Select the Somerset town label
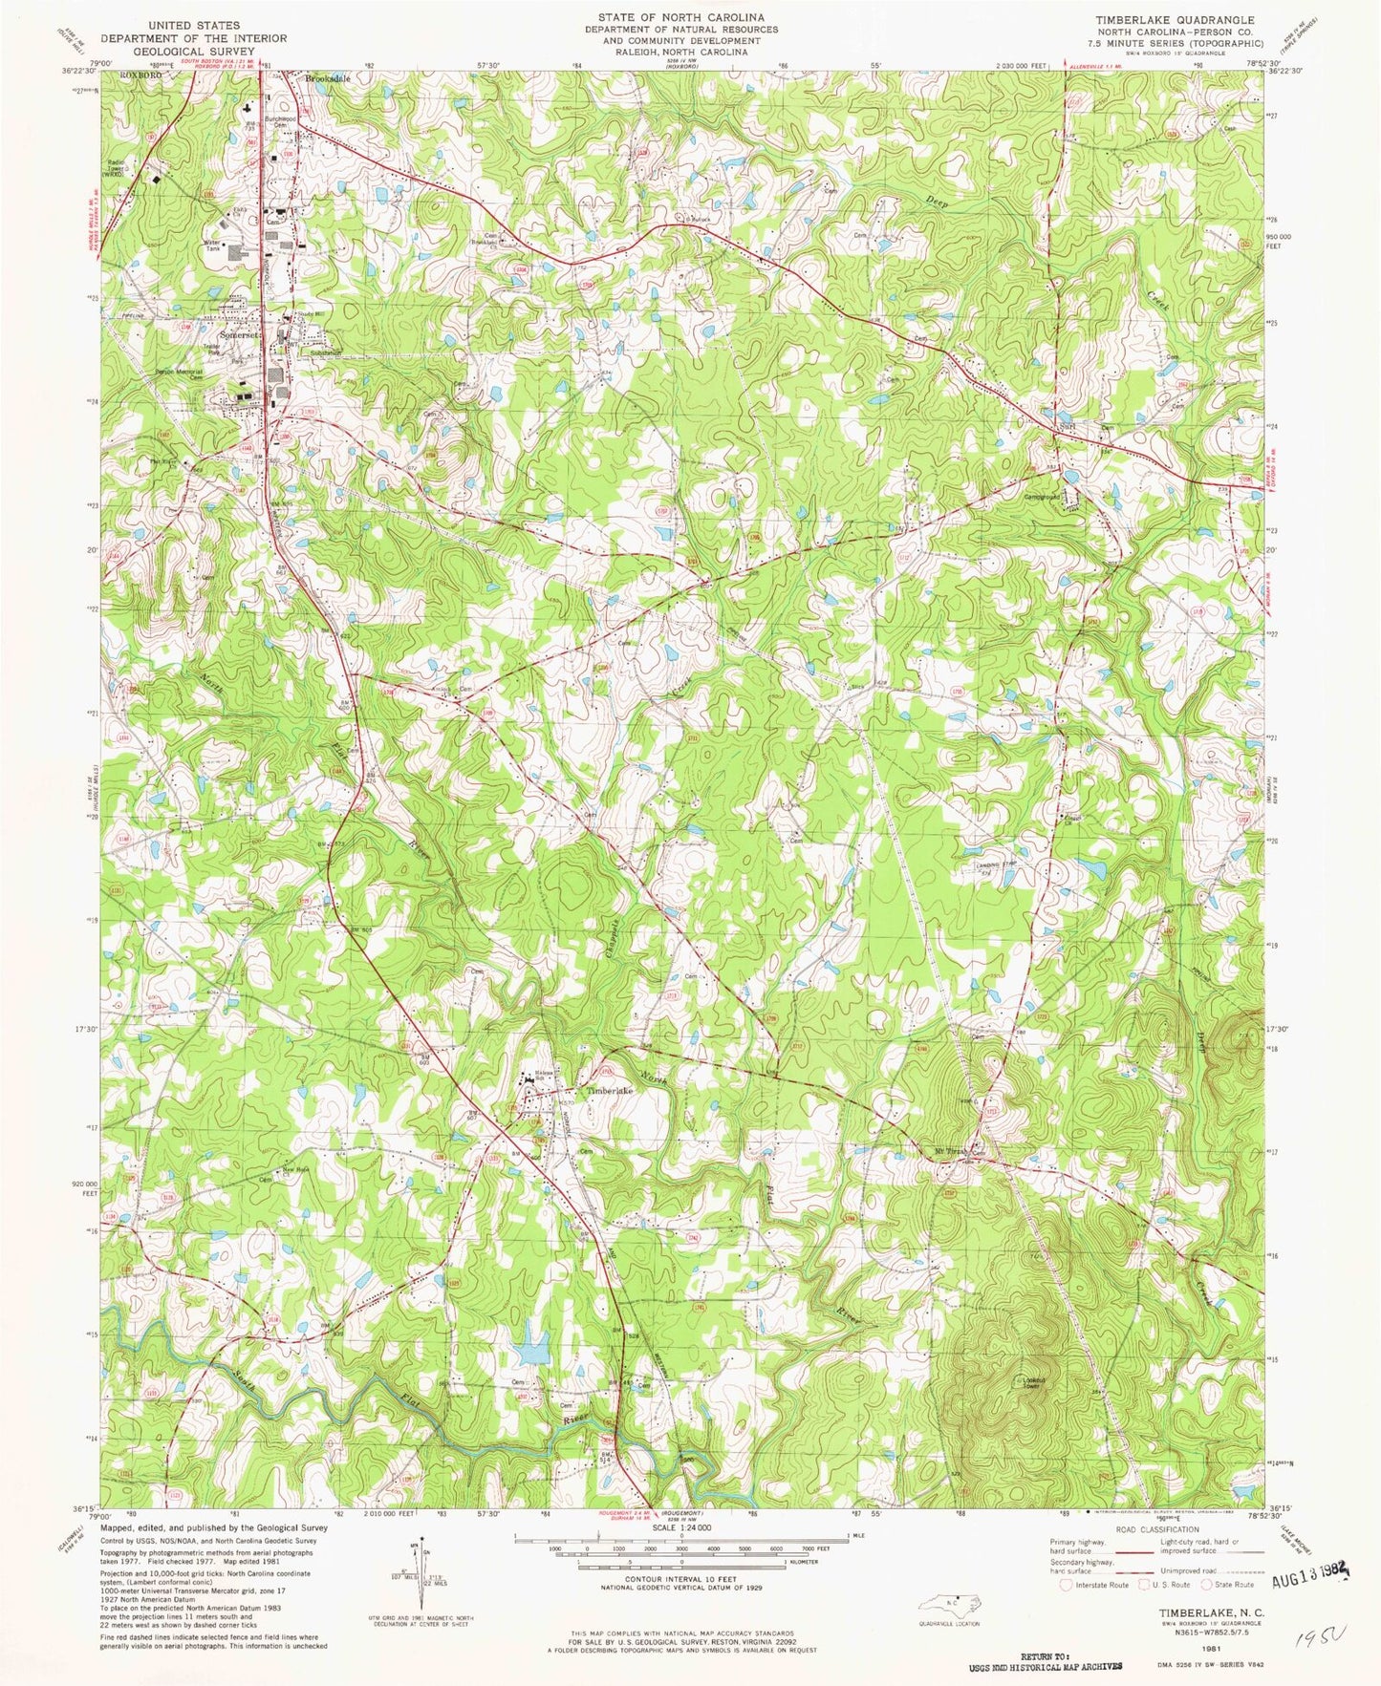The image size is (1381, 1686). point(238,335)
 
